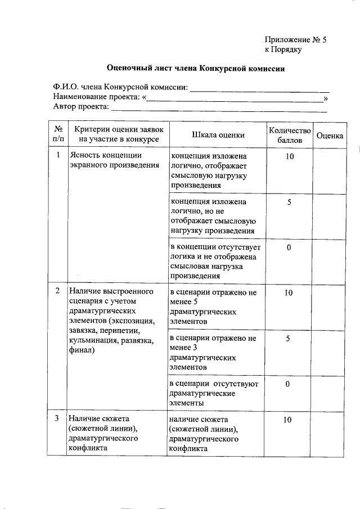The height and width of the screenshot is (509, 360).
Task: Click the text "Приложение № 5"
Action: [x=295, y=39]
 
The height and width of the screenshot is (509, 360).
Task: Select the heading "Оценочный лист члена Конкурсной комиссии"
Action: [x=196, y=69]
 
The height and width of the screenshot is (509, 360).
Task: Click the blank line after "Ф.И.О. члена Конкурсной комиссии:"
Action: [x=260, y=88]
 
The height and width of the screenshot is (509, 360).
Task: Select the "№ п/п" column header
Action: [x=58, y=134]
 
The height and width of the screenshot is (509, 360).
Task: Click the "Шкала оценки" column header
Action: [x=218, y=134]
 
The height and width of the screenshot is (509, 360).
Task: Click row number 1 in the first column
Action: [x=58, y=155]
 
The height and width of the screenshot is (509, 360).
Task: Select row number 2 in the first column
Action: [x=58, y=291]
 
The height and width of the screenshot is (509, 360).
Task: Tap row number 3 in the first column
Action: [x=58, y=419]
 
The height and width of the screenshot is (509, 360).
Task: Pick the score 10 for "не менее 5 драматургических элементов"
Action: [x=289, y=293]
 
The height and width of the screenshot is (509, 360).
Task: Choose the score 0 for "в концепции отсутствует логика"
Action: [x=289, y=248]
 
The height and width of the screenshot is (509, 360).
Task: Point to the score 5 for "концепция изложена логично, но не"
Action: [x=289, y=202]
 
